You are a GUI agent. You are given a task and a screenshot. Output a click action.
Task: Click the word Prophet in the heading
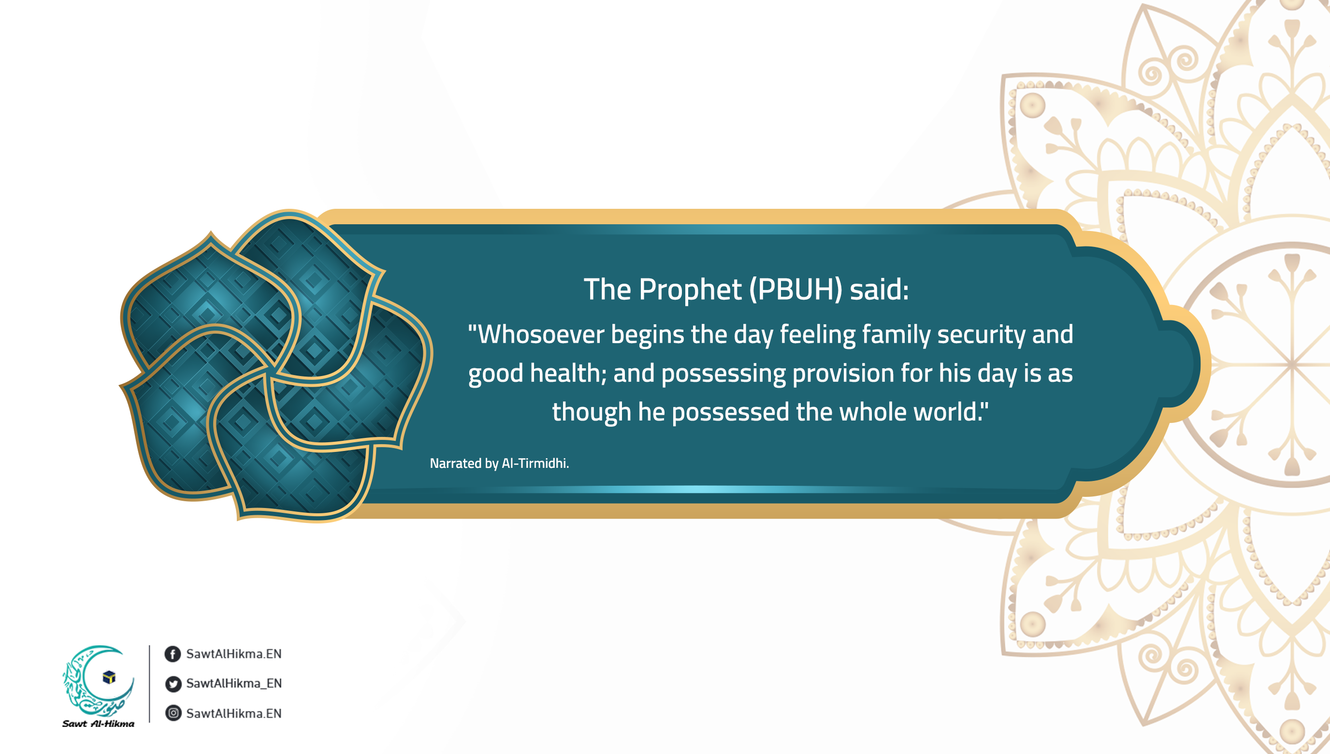(x=690, y=290)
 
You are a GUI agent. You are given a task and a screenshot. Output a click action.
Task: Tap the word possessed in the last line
(x=731, y=413)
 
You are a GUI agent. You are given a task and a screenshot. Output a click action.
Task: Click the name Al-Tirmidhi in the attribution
(x=535, y=463)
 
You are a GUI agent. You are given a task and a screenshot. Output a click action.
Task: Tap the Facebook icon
(x=173, y=654)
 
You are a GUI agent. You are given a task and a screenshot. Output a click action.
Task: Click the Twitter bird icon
(x=173, y=684)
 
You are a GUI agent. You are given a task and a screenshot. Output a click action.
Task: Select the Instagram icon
(x=173, y=713)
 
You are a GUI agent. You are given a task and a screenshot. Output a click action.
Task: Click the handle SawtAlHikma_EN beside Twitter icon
(x=234, y=683)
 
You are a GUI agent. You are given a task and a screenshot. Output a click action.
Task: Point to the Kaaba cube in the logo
(x=109, y=677)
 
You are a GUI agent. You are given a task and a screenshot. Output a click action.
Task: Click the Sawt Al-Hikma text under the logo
(x=99, y=724)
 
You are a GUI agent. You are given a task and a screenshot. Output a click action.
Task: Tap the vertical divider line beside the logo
(x=150, y=683)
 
